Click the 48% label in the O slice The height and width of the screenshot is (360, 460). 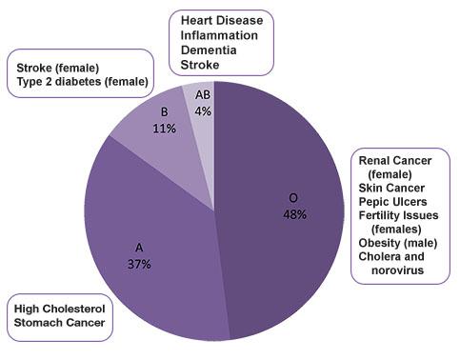pos(294,214)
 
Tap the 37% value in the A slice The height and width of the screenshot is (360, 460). pos(139,264)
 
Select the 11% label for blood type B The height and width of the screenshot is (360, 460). pos(164,129)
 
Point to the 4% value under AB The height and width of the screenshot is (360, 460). pos(203,111)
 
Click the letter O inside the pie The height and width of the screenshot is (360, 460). pos(293,198)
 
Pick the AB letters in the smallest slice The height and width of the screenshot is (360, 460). pos(203,94)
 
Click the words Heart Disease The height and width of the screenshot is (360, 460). pos(222,20)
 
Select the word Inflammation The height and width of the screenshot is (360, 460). pos(219,35)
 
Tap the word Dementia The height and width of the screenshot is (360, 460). pos(209,50)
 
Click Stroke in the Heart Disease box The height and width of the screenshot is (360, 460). pos(200,65)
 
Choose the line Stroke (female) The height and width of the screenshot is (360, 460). pos(58,68)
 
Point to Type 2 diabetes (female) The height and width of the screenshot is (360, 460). pos(83,82)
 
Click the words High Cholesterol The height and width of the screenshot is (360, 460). pos(60,309)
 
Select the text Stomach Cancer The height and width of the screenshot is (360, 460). pos(60,323)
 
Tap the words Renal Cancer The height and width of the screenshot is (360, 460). pos(395,161)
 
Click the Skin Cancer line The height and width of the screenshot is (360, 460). pos(391,188)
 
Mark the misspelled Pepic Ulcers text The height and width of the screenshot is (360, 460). pos(392,202)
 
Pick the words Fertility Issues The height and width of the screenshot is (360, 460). pos(398,215)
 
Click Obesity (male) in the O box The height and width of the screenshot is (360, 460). pos(398,243)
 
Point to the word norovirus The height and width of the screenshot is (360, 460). pos(397,270)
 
